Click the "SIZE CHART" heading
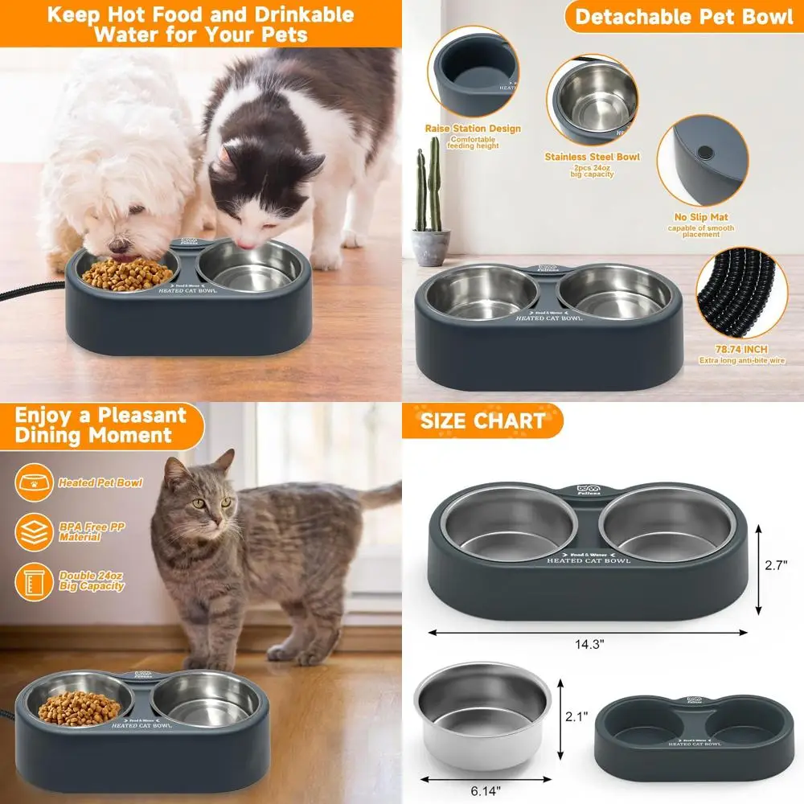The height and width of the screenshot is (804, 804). tap(482, 420)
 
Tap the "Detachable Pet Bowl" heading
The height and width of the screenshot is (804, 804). tap(683, 17)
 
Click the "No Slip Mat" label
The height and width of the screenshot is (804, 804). tap(701, 217)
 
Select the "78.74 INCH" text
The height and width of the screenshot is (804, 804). tap(740, 350)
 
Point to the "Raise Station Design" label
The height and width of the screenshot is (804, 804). tap(473, 129)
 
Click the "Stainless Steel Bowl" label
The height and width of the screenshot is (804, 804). tap(592, 157)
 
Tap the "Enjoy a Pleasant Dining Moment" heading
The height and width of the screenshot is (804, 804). tap(101, 425)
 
